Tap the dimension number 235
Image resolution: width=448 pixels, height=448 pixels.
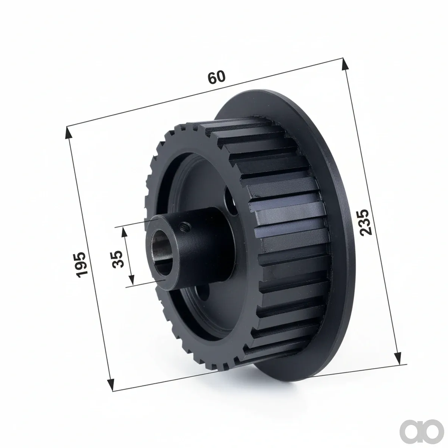pyautogui.click(x=366, y=222)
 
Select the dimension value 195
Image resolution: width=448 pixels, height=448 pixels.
pyautogui.click(x=82, y=265)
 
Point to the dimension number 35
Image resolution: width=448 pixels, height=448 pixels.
pyautogui.click(x=117, y=259)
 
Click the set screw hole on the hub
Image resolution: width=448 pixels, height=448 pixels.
pyautogui.click(x=185, y=225)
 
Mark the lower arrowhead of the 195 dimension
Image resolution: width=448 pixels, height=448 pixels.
pyautogui.click(x=111, y=384)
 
